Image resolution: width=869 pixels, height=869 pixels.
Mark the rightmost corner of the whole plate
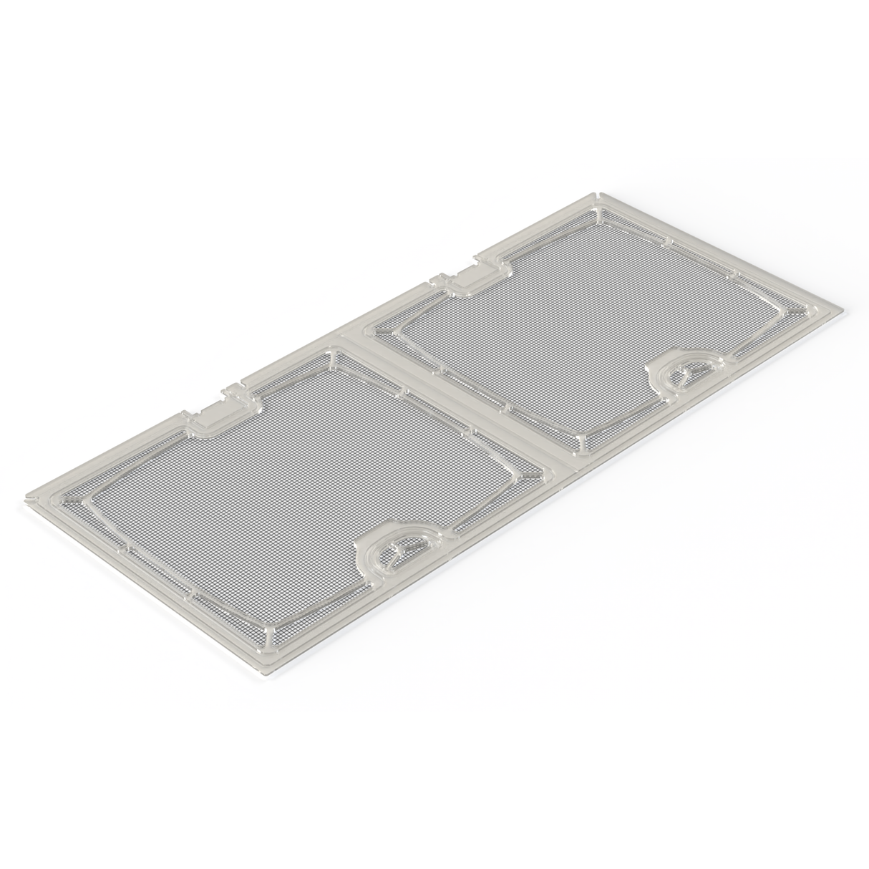(845, 311)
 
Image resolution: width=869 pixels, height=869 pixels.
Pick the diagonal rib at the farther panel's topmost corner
(598, 215)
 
